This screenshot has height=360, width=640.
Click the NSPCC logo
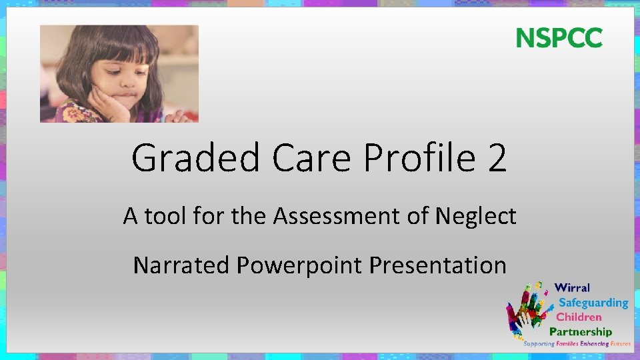[559, 38]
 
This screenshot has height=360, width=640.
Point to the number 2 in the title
[496, 158]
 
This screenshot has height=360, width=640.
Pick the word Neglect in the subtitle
[475, 216]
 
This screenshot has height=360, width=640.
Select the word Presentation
[437, 265]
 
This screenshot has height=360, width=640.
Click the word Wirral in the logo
[572, 288]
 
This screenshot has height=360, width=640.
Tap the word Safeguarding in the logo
[593, 303]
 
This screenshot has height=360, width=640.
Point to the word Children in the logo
[579, 317]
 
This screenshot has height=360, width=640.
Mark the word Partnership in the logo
[580, 331]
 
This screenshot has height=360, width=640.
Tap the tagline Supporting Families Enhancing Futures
[577, 344]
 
